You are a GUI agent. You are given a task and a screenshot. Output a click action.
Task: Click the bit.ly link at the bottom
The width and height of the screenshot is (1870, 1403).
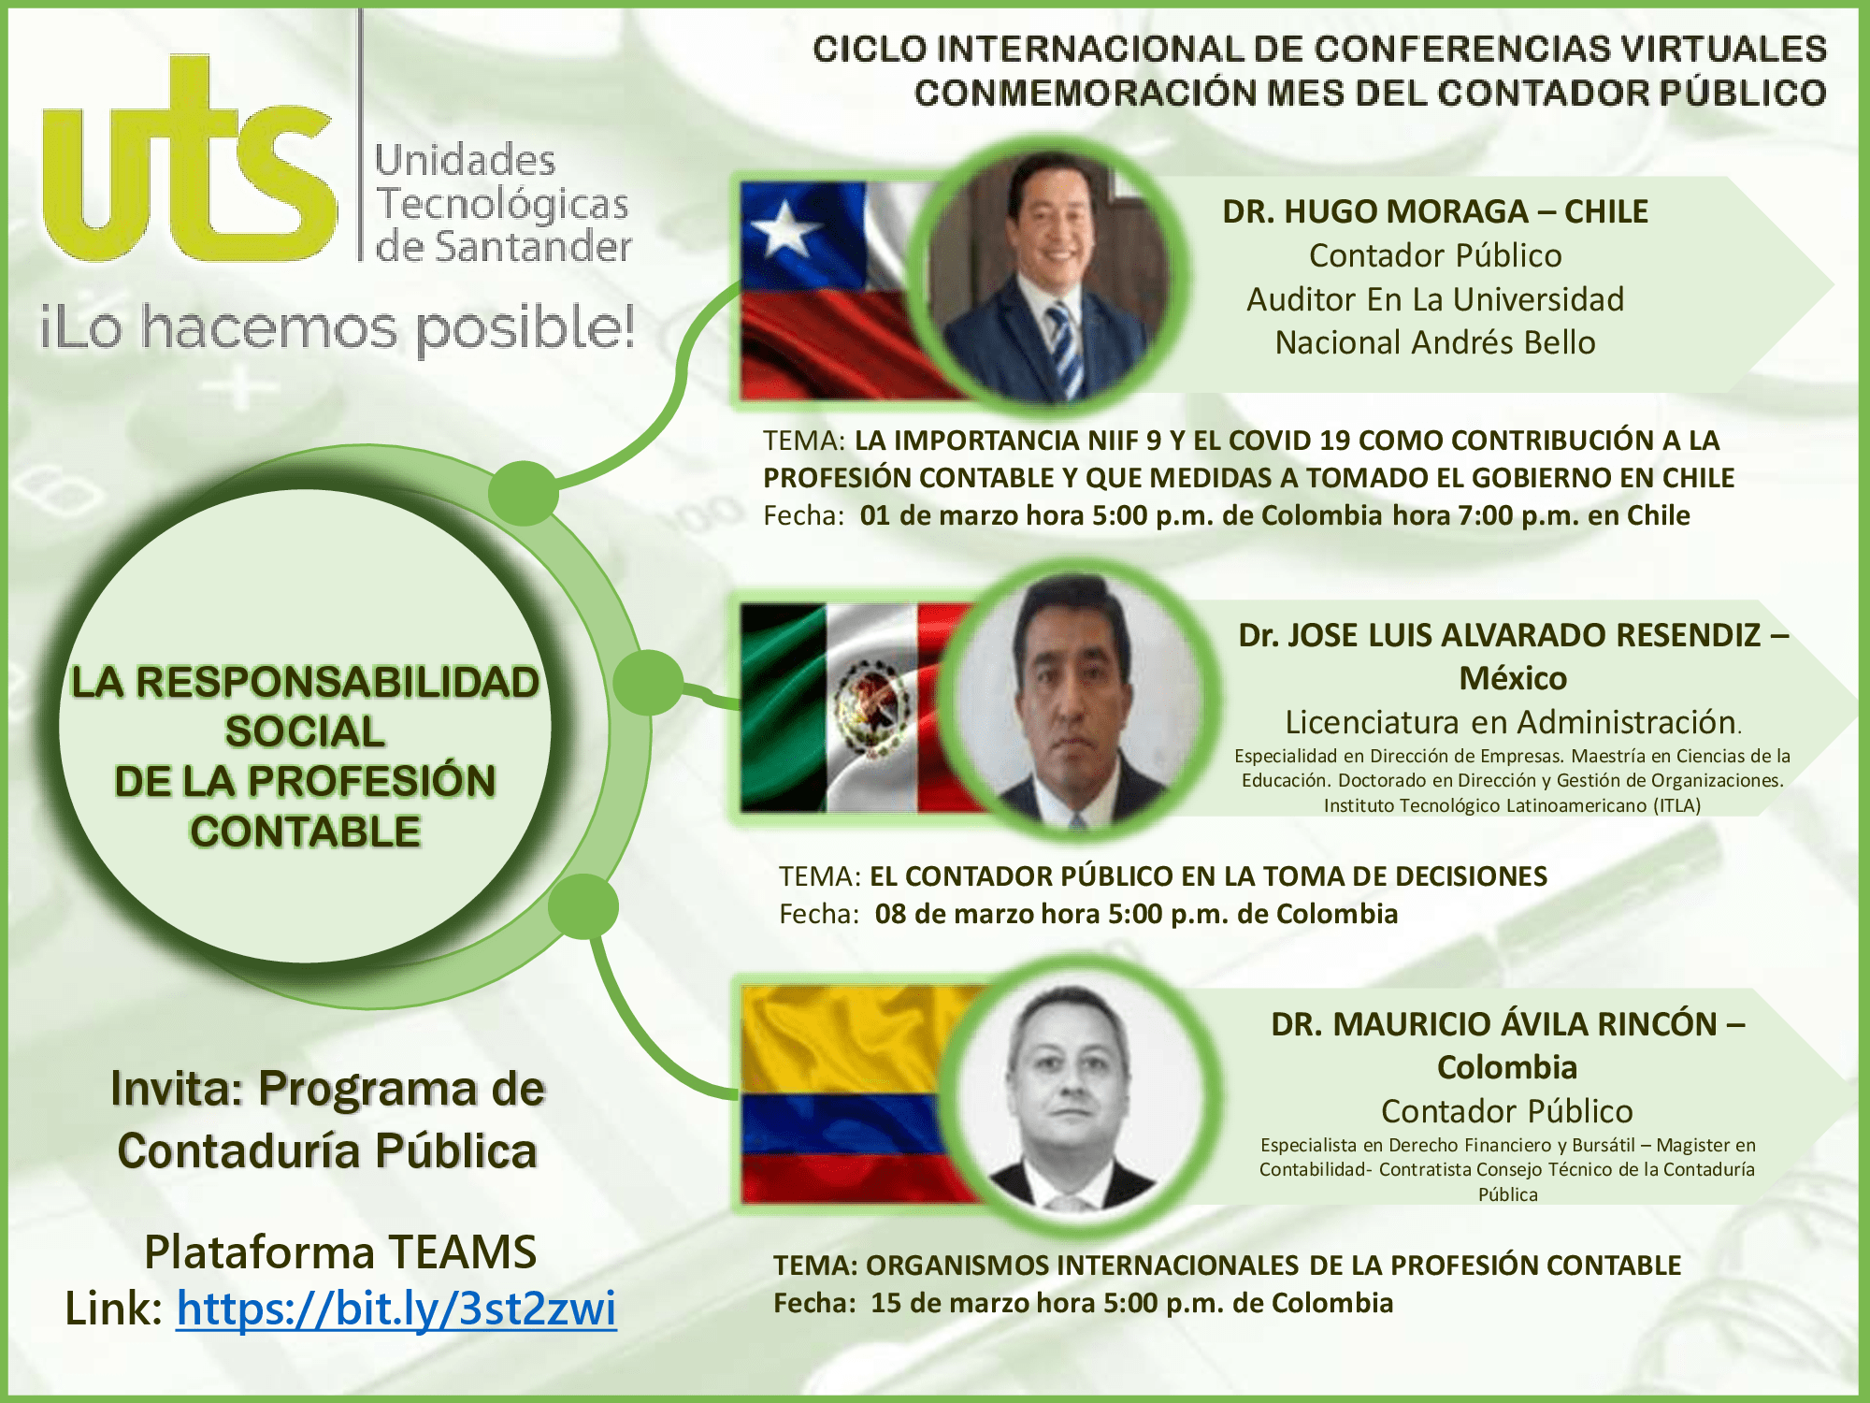[x=396, y=1308]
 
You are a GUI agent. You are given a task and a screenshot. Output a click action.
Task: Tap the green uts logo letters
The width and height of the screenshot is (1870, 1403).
[x=189, y=159]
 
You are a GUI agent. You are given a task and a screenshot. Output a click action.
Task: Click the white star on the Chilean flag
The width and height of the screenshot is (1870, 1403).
[x=784, y=228]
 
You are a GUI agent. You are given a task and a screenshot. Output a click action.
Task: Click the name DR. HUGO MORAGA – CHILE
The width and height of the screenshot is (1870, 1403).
[x=1435, y=211]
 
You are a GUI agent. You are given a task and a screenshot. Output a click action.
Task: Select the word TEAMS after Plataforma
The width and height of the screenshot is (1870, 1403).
[x=462, y=1251]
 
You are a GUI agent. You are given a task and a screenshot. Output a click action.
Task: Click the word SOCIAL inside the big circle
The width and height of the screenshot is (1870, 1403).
[x=305, y=731]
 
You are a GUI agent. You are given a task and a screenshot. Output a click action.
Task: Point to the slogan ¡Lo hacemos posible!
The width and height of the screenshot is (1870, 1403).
[x=337, y=328]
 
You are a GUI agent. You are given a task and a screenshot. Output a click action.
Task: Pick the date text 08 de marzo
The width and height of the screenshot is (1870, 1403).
[x=954, y=914]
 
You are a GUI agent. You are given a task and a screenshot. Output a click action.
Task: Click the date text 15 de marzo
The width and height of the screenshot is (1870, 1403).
[x=950, y=1303]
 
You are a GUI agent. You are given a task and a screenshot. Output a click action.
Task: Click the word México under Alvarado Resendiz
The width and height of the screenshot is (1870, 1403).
[x=1513, y=678]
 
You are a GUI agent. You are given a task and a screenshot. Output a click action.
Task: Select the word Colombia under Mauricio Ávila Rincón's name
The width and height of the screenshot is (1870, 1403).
[x=1507, y=1067]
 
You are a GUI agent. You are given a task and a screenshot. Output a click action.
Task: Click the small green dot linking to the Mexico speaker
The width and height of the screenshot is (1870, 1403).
[x=647, y=684]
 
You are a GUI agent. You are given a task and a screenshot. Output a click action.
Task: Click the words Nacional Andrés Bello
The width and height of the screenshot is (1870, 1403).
[x=1435, y=343]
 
